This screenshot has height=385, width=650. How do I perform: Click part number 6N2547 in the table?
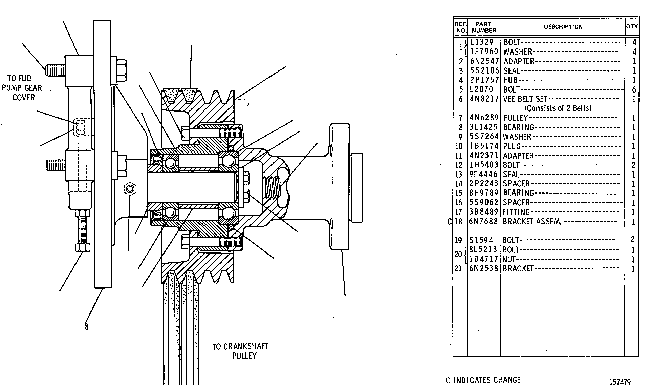point(484,61)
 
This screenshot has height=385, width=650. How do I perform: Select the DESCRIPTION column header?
point(563,27)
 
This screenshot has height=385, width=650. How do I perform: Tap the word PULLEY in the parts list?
point(516,118)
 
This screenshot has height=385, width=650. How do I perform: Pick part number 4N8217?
point(484,99)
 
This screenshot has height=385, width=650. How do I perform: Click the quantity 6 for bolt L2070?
point(634,90)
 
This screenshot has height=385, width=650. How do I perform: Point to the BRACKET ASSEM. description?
point(532,222)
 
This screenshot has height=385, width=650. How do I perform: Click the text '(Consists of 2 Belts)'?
point(558,108)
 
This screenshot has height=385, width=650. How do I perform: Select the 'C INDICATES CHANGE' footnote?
point(483,380)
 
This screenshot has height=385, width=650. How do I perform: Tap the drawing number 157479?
point(620,382)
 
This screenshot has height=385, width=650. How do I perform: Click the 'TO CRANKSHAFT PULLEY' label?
point(240,351)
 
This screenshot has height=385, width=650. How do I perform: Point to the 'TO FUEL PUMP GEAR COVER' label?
point(22,88)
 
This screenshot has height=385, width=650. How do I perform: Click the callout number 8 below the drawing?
point(87,327)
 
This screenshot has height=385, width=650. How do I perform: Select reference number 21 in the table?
point(458,269)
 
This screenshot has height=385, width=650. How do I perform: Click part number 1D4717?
point(484,259)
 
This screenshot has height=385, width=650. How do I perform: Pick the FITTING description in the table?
point(516,212)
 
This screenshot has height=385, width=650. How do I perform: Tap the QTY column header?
point(632,26)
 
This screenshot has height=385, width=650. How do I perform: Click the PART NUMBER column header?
point(484,27)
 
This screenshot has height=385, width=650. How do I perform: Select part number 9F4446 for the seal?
point(484,174)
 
